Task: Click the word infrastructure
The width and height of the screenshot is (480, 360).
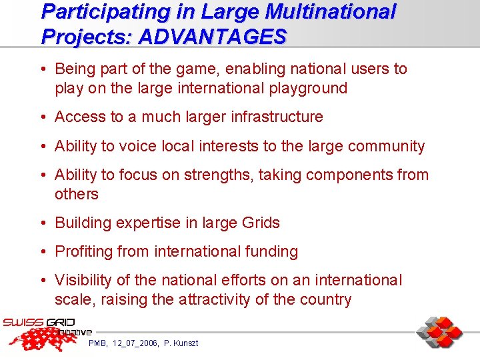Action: (x=277, y=117)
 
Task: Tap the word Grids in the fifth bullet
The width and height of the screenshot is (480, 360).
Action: (x=259, y=223)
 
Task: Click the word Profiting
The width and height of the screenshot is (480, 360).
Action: (x=85, y=252)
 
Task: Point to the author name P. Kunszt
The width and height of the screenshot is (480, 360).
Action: (x=181, y=343)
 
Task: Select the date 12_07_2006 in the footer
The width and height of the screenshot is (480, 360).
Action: (x=135, y=343)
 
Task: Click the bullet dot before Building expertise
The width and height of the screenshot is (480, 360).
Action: (x=43, y=223)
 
